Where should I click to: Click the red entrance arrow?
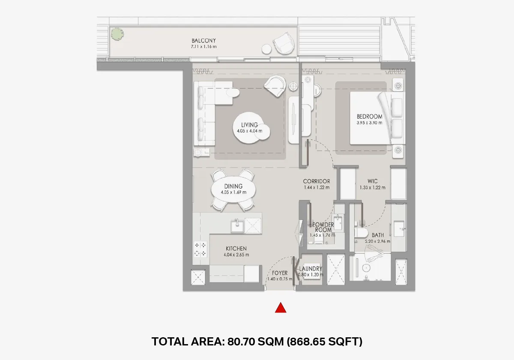281,308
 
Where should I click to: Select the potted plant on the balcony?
116,33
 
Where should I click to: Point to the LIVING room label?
249,125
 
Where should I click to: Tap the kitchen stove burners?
200,249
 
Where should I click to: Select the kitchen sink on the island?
237,224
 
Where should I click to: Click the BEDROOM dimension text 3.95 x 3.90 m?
369,123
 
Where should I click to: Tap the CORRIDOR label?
317,181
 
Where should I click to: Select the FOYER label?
280,273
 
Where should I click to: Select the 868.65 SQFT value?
324,342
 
